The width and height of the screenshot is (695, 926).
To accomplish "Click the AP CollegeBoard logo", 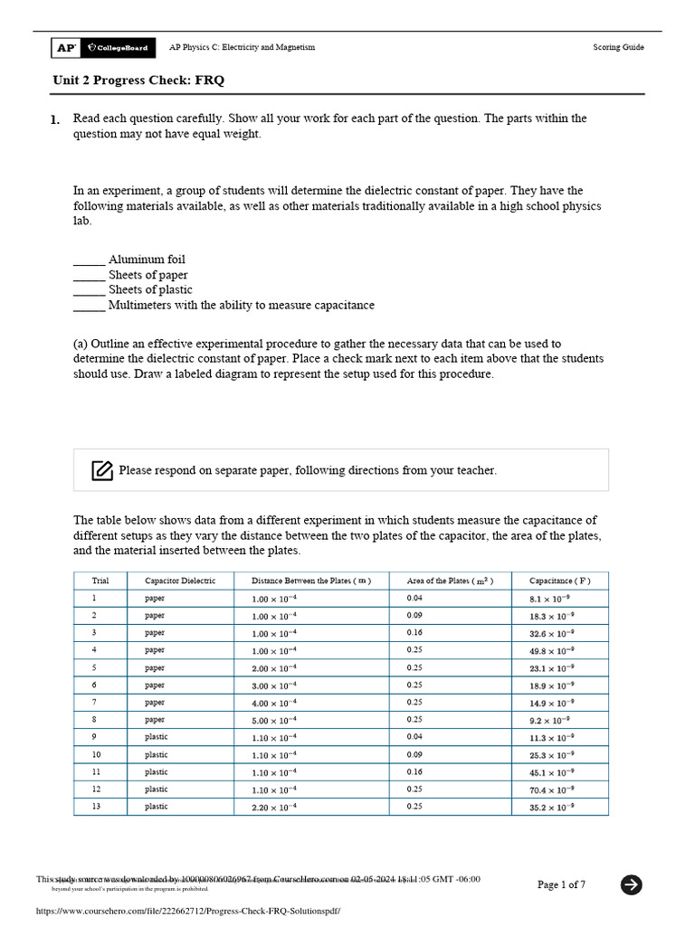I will (x=103, y=47).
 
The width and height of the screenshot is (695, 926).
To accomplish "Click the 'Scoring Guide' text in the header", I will (x=618, y=47).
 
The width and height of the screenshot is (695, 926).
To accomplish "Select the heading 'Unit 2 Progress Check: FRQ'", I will (x=138, y=80).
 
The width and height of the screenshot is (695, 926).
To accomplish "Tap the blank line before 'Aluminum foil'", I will (x=89, y=260).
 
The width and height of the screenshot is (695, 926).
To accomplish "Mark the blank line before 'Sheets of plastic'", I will (x=89, y=290).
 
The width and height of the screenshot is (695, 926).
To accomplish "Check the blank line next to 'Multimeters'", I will (x=89, y=306).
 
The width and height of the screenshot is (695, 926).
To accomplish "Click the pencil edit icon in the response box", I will (x=102, y=470).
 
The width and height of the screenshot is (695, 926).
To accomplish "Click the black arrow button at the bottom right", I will (x=632, y=884).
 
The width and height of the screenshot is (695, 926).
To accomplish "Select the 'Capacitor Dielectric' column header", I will (x=180, y=581).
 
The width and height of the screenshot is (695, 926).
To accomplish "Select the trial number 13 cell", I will (x=97, y=806).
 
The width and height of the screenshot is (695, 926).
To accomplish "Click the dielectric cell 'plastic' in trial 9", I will (x=157, y=737).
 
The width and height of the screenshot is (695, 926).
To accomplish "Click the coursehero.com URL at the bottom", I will (x=188, y=912).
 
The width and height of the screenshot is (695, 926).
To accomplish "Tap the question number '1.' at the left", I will (x=55, y=119).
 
